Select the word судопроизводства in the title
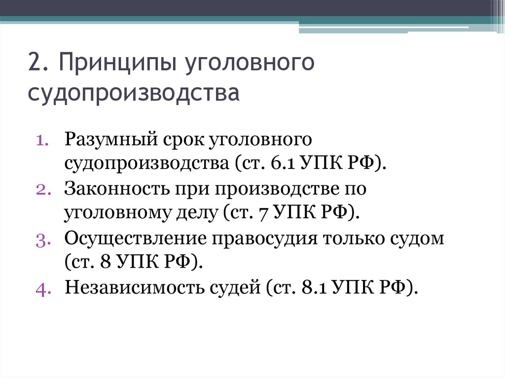click(x=134, y=93)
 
